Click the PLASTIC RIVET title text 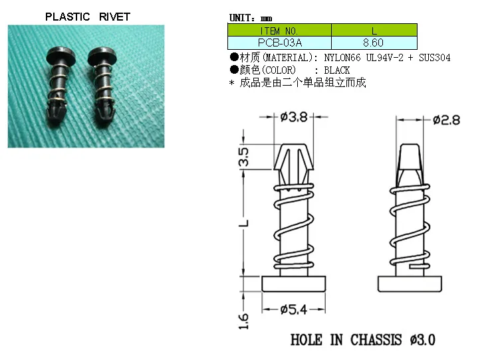coord(88,17)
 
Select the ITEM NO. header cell coord(279,31)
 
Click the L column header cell coord(374,31)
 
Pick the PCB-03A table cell coord(279,43)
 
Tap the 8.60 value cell coord(374,43)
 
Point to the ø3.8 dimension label coord(294,118)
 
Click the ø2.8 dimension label coord(445,120)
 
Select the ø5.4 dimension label coord(295,309)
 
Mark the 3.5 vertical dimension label coord(244,157)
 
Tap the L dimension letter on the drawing coord(244,224)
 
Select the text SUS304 coord(435,58)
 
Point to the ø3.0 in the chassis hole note coord(423,339)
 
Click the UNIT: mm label coord(251,18)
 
